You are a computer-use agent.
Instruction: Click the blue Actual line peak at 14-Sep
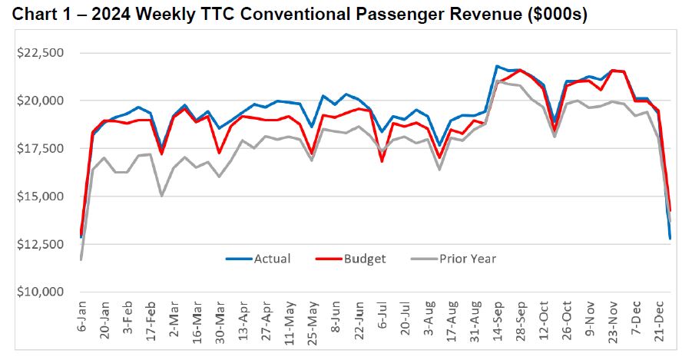tap(497, 67)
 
